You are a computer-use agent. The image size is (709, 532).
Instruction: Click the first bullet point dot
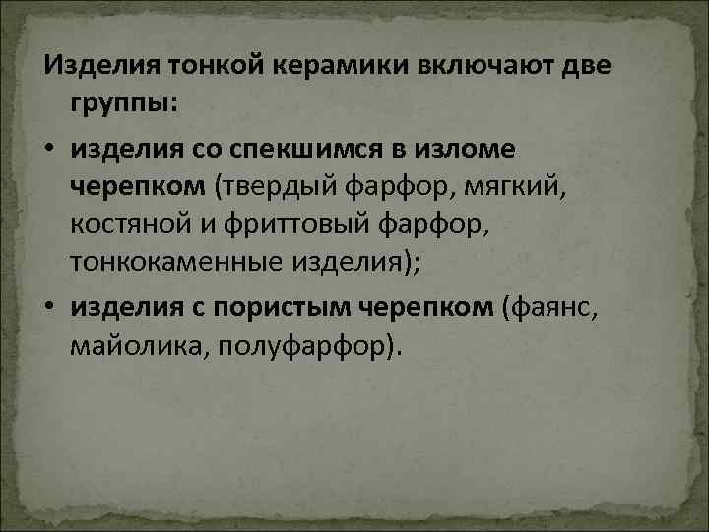click(49, 148)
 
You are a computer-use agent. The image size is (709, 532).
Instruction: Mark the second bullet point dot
click(49, 308)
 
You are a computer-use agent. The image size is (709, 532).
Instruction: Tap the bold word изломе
click(464, 148)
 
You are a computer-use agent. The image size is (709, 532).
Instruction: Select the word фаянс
click(551, 308)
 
